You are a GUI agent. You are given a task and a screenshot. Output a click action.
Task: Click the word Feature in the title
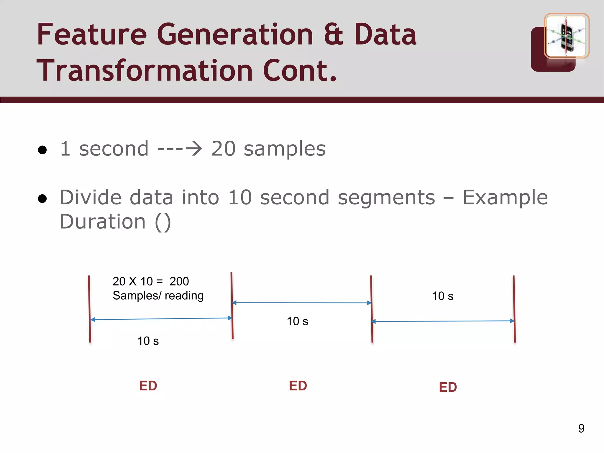click(92, 35)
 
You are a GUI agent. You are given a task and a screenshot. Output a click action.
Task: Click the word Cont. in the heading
click(300, 71)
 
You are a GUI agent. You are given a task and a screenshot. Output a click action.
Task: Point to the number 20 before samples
click(224, 149)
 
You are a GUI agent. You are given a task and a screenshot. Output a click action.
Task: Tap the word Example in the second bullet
click(505, 197)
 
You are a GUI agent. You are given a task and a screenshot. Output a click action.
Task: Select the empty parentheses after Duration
click(163, 222)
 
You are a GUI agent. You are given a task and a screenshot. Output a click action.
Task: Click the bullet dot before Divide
click(42, 199)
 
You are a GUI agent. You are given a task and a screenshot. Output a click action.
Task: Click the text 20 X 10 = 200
click(151, 281)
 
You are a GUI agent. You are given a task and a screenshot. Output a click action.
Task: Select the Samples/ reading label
click(158, 296)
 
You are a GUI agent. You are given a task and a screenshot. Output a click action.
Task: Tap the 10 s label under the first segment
click(148, 341)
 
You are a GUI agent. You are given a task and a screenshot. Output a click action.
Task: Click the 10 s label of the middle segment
click(297, 321)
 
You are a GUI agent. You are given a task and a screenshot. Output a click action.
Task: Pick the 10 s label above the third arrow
click(442, 296)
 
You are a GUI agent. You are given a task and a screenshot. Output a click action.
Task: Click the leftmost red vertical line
click(89, 309)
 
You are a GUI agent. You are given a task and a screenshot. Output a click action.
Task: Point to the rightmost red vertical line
click(514, 309)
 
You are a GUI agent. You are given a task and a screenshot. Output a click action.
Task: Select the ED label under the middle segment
click(298, 386)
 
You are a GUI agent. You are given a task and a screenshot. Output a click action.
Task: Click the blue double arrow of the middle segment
click(301, 303)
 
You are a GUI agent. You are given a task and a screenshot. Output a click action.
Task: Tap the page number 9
click(581, 428)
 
